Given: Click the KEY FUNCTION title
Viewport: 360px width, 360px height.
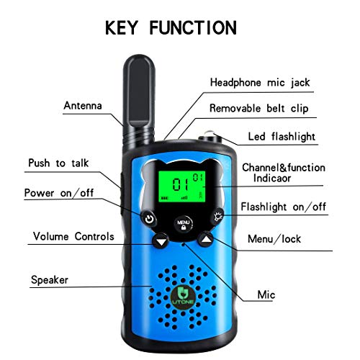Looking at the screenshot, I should pyautogui.click(x=170, y=27).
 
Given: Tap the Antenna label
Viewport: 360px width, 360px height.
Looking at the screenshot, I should pyautogui.click(x=83, y=105).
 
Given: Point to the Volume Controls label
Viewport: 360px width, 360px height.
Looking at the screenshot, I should pyautogui.click(x=73, y=236).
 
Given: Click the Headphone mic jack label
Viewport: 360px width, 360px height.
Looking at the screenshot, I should pyautogui.click(x=259, y=82).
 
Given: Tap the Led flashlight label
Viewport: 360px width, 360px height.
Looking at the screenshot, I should pyautogui.click(x=282, y=136).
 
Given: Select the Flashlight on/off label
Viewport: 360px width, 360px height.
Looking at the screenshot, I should pyautogui.click(x=283, y=207).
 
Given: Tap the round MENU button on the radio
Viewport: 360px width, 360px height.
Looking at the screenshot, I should pyautogui.click(x=183, y=224).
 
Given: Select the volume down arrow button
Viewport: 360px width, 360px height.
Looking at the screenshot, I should pyautogui.click(x=160, y=242).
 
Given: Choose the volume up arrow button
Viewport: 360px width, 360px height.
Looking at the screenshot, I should pyautogui.click(x=207, y=242).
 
